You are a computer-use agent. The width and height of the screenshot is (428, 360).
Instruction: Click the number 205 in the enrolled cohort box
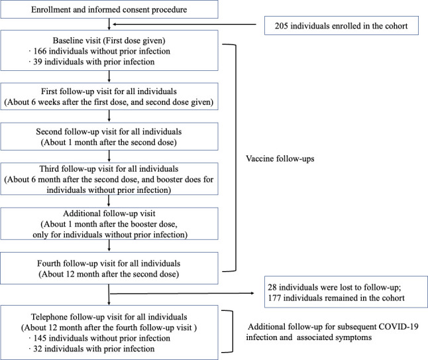pos(282,26)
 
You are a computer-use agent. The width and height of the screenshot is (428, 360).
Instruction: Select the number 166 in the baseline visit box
pos(40,51)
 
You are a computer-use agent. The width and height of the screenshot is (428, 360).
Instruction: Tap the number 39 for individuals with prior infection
pos(38,62)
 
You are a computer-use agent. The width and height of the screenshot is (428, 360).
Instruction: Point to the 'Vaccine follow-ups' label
pos(280,158)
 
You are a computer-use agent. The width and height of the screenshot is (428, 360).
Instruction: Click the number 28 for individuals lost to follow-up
pos(272,287)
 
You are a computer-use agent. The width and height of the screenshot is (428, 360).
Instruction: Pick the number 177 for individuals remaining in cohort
pos(274,298)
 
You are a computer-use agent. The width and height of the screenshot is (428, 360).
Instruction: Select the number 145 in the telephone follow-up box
pos(40,338)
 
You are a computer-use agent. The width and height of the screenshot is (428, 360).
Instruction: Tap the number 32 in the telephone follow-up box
pos(38,349)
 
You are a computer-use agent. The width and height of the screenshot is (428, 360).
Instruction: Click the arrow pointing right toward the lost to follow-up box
pos(182,293)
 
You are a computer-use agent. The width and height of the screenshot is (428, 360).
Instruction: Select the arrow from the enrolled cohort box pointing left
pos(185,25)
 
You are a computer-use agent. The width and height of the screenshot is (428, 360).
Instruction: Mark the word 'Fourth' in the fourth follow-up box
pos(48,264)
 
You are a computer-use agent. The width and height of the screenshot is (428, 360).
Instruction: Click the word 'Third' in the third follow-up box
pos(49,169)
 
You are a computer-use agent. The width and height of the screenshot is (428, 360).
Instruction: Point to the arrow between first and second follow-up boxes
pos(109,116)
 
